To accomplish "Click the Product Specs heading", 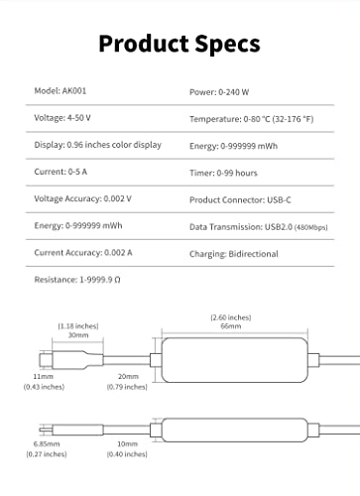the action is click(x=180, y=44).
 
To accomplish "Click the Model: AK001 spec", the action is click(x=60, y=91).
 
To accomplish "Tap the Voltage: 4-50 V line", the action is click(x=62, y=118).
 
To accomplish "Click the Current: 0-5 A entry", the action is click(x=60, y=172).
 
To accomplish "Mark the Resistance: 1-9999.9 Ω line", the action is click(x=76, y=281).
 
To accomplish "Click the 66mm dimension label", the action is click(x=230, y=326).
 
